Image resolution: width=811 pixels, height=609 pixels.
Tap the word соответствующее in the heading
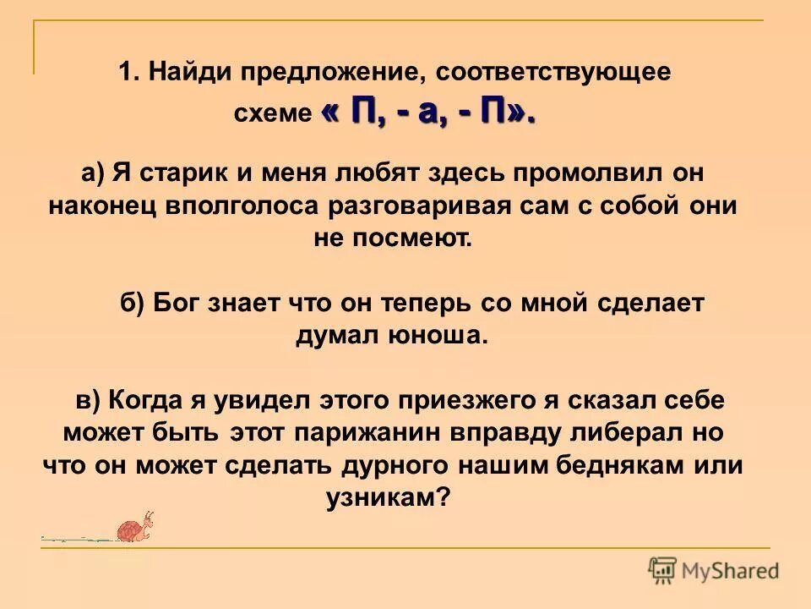(x=554, y=72)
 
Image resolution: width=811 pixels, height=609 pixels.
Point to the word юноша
(x=439, y=336)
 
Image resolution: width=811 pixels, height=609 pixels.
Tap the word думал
(x=338, y=336)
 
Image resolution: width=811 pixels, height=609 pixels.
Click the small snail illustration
(x=136, y=529)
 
